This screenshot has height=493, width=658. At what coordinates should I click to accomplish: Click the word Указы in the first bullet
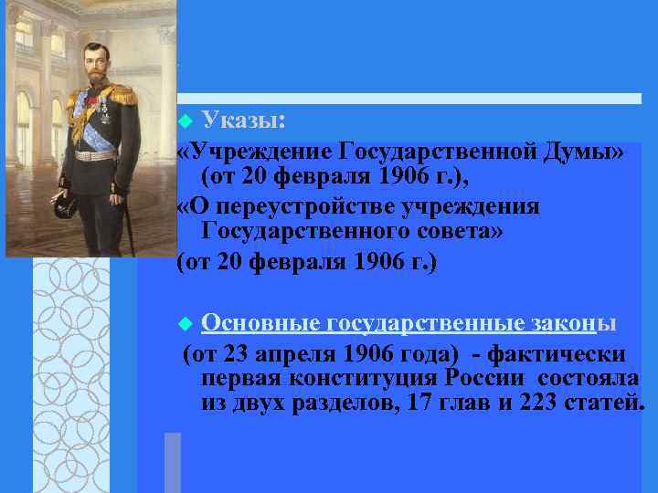[244, 120]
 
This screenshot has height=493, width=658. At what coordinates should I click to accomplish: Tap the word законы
[575, 323]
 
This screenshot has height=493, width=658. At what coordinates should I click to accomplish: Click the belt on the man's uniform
[95, 154]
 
